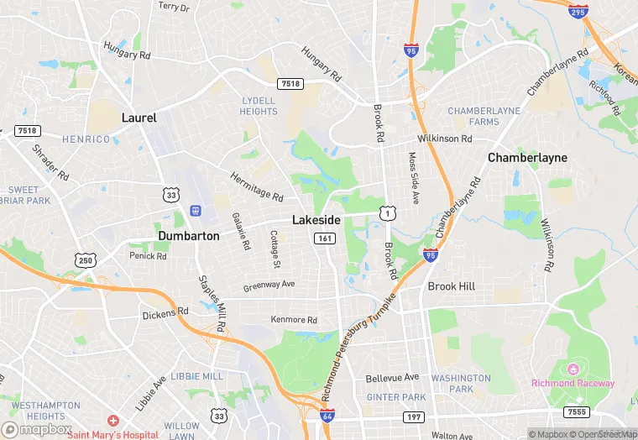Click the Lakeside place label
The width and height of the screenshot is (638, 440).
(x=316, y=219)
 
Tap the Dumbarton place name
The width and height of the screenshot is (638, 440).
(x=189, y=236)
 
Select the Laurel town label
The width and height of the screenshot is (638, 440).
(x=139, y=118)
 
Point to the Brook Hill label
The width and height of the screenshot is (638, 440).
(x=452, y=286)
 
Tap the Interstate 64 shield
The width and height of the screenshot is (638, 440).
(x=327, y=416)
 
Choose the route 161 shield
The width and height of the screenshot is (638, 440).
(x=326, y=238)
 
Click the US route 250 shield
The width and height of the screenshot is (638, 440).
(x=85, y=261)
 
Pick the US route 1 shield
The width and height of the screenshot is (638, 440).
(x=386, y=214)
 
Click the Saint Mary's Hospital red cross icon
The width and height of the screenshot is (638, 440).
(x=112, y=419)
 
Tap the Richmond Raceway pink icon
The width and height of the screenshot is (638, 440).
(x=573, y=369)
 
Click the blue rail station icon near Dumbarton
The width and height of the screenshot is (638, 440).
(x=196, y=210)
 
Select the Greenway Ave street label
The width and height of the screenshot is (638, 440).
(x=269, y=285)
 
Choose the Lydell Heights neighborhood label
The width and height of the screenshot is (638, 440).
(x=258, y=106)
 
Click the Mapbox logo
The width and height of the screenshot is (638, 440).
(x=38, y=428)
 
